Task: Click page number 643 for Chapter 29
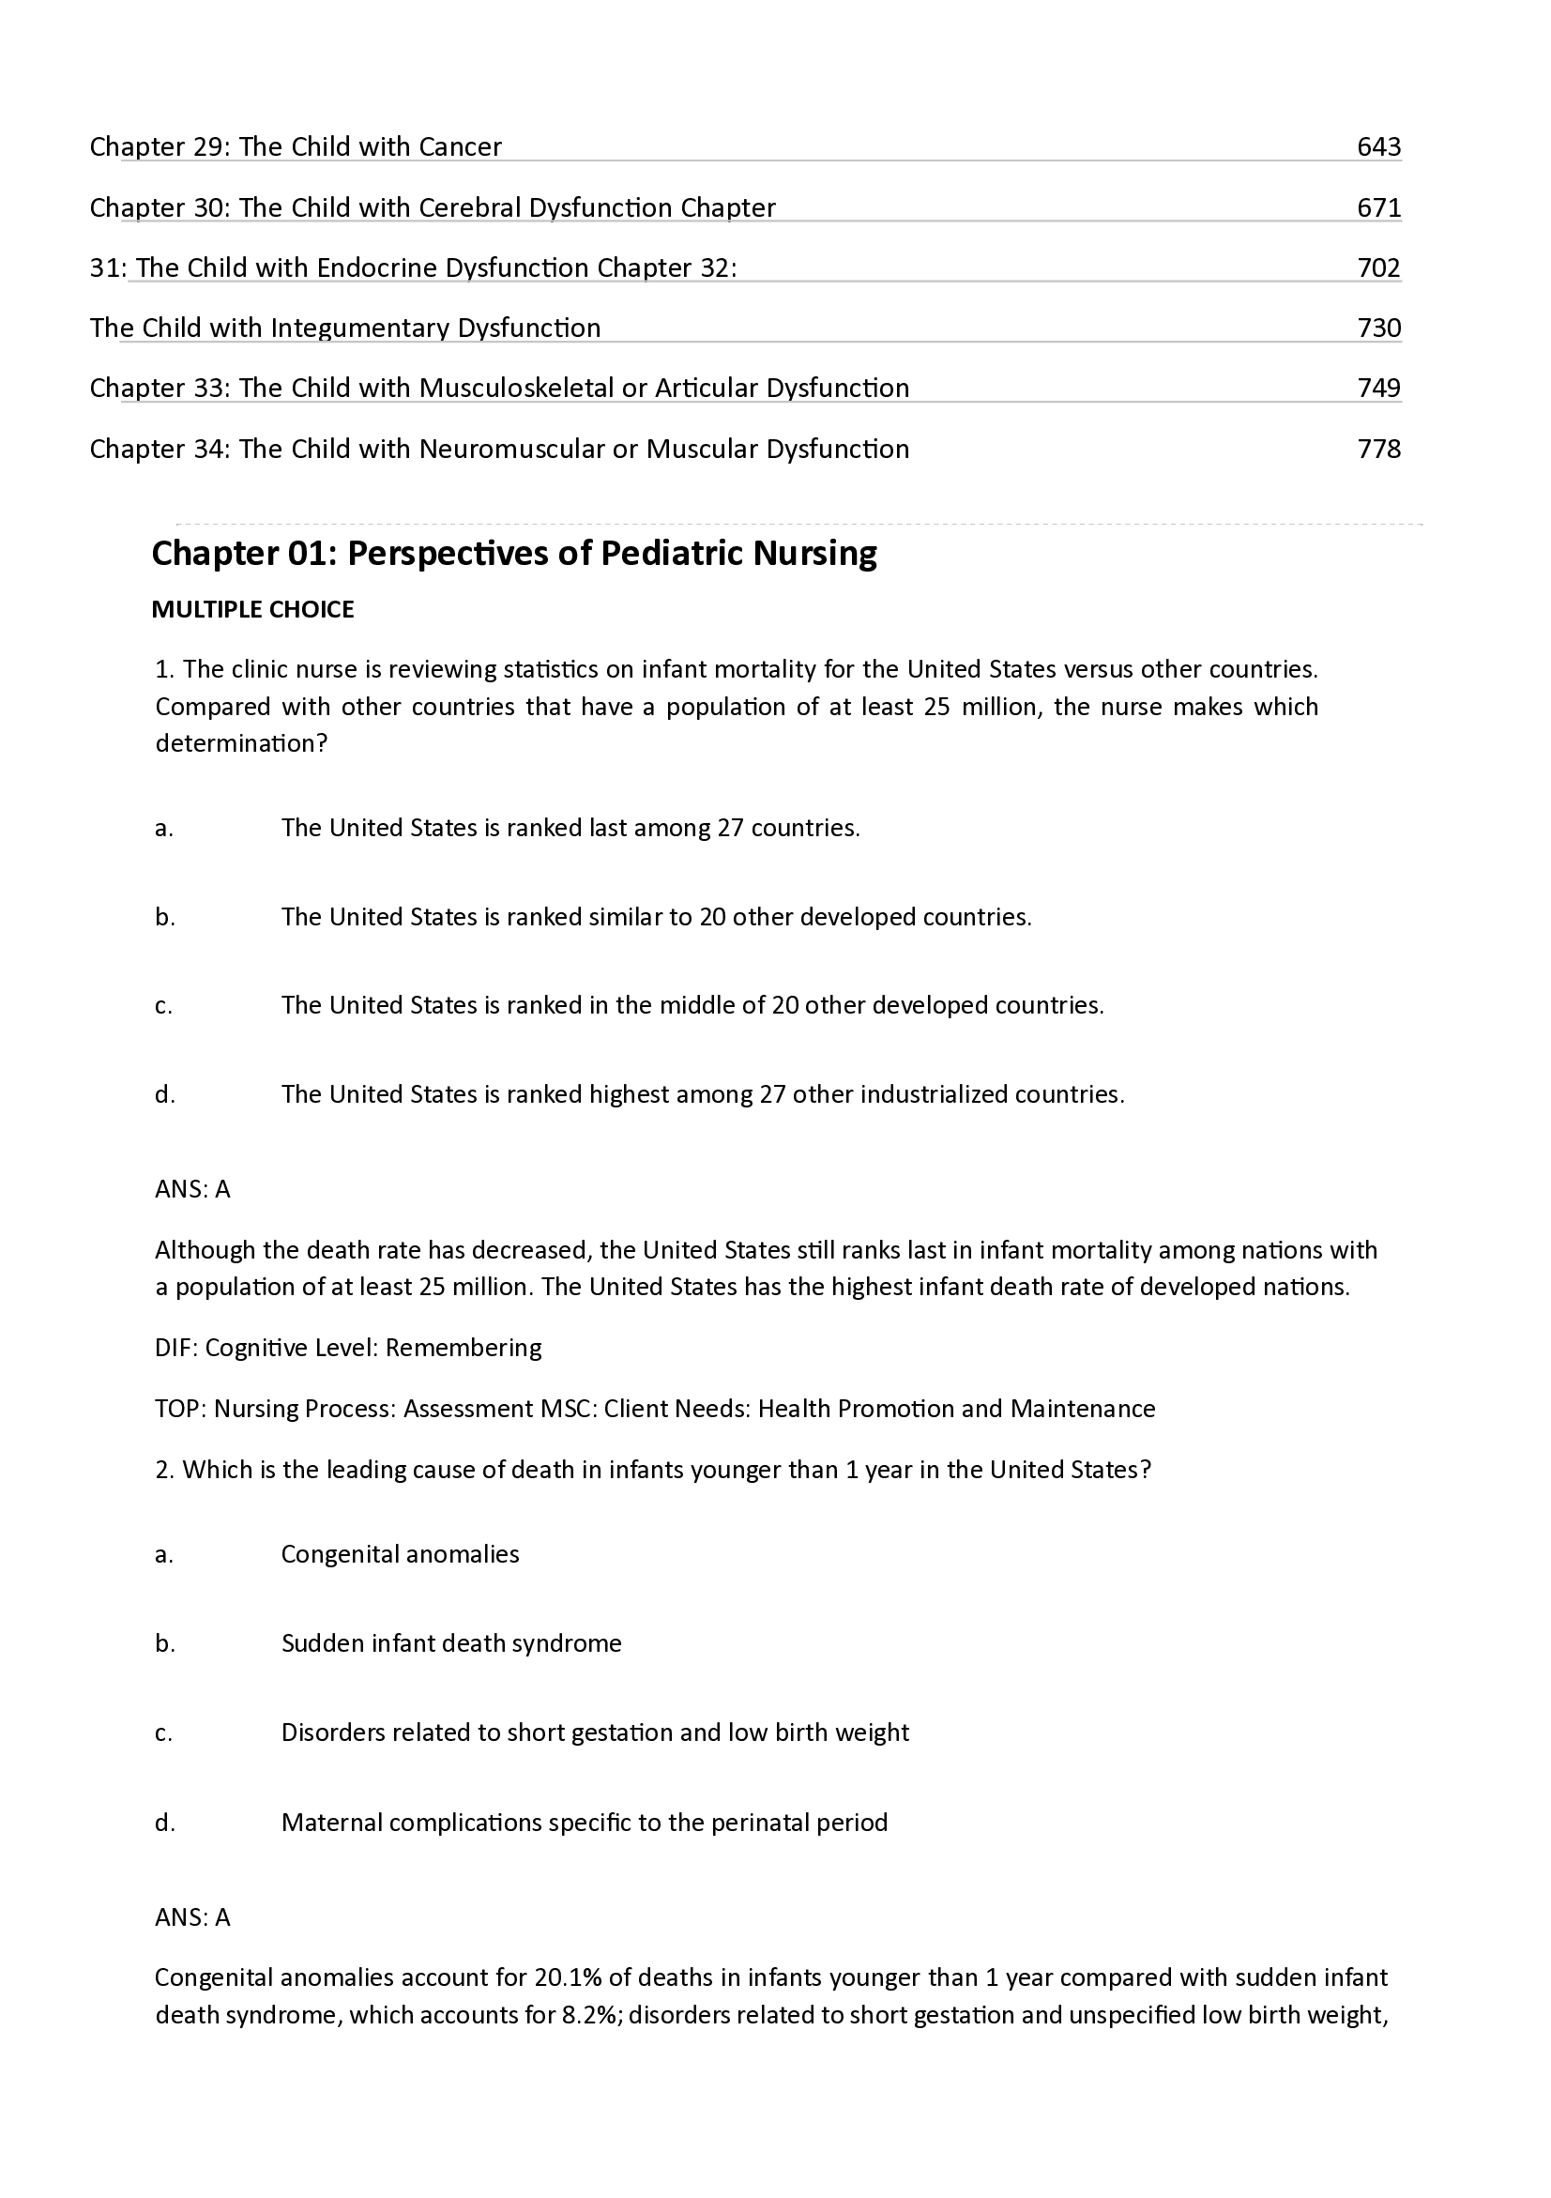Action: click(x=1377, y=146)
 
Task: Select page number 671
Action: click(x=1377, y=207)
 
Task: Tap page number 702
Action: click(x=1377, y=268)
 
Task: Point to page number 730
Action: click(x=1377, y=328)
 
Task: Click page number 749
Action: click(x=1377, y=388)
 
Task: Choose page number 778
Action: click(x=1377, y=449)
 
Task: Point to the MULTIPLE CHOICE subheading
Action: click(x=252, y=610)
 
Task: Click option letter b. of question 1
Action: click(x=164, y=917)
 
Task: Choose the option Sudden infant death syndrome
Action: click(x=450, y=1643)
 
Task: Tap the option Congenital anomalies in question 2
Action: click(x=400, y=1554)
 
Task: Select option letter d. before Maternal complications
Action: click(x=164, y=1823)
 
